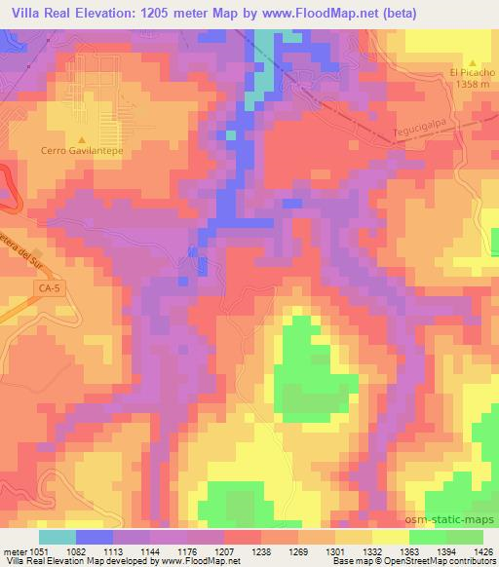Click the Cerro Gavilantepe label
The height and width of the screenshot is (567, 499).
82,151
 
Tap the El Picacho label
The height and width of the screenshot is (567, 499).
471,72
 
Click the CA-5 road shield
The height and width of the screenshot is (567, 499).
22,289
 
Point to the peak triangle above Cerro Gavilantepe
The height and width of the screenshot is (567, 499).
82,138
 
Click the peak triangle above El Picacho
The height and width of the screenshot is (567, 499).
472,60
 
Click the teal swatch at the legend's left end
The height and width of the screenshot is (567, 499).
57,536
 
